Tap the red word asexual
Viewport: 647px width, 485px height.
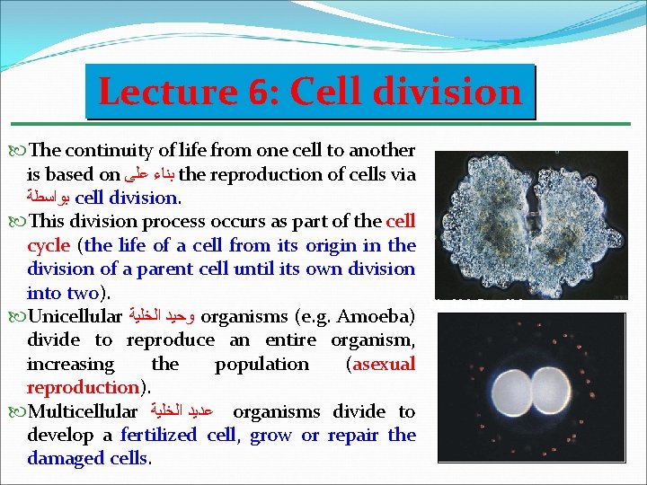(x=384, y=364)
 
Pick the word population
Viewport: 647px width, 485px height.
(x=261, y=364)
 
